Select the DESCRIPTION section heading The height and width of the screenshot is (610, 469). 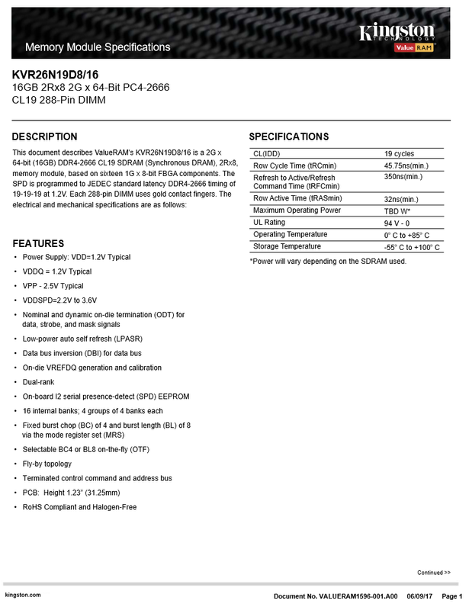[45, 136]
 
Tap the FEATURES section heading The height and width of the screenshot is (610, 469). [38, 243]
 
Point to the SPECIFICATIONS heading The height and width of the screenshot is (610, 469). [289, 136]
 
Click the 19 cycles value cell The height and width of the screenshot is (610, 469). [400, 153]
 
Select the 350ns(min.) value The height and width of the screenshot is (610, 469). [403, 176]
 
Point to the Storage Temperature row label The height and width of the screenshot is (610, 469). [292, 246]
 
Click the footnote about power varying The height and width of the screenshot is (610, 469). [328, 262]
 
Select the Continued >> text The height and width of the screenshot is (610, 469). [433, 572]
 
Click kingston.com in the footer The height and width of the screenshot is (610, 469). [21, 595]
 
